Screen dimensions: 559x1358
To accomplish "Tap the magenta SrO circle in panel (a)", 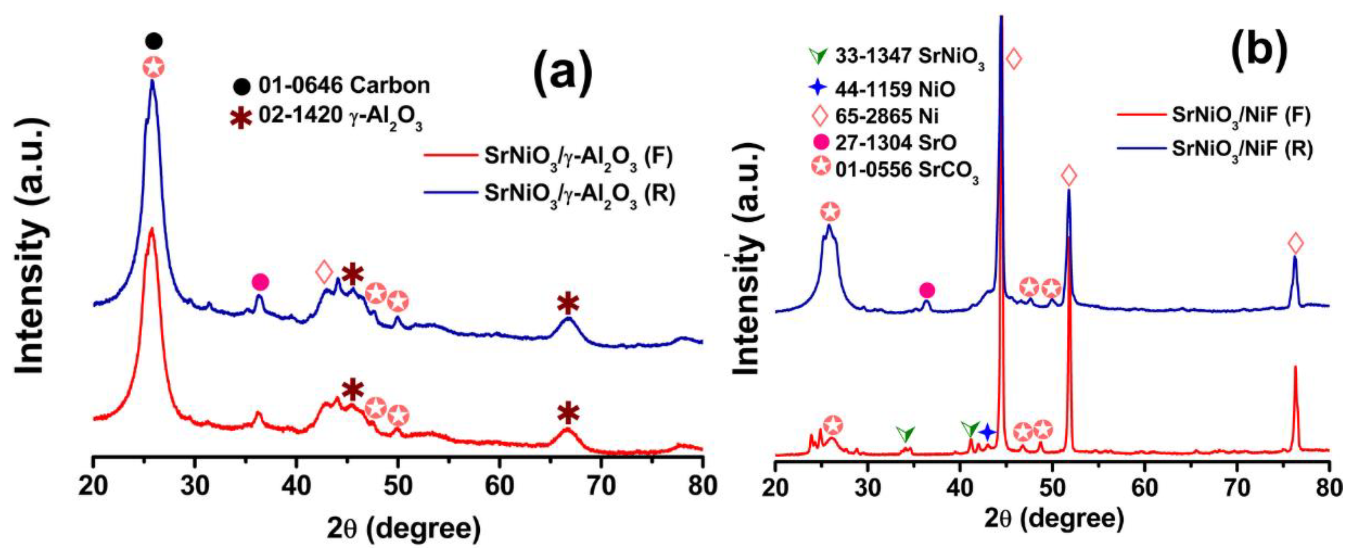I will pyautogui.click(x=260, y=282).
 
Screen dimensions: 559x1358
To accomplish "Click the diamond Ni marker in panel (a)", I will pyautogui.click(x=324, y=272).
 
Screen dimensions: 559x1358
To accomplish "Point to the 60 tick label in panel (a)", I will pyautogui.click(x=499, y=486).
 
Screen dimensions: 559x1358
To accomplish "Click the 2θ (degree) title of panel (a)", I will pyautogui.click(x=403, y=529).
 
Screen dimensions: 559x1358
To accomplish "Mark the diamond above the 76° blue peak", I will pyautogui.click(x=1295, y=243).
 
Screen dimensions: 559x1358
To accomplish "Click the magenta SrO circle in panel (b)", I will pyautogui.click(x=927, y=290).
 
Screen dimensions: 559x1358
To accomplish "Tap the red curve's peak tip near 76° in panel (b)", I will pyautogui.click(x=1295, y=382).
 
